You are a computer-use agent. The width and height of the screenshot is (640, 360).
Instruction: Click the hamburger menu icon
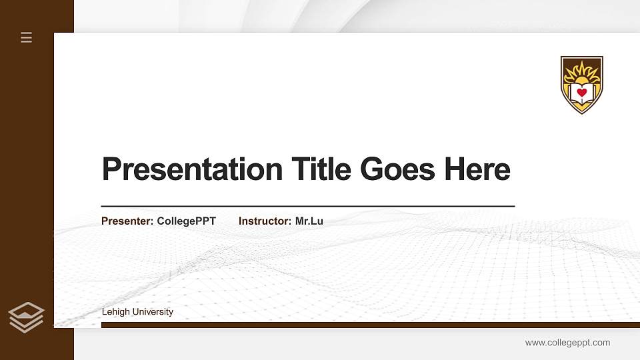point(27,37)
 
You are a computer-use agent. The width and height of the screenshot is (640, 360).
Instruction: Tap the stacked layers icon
point(27,317)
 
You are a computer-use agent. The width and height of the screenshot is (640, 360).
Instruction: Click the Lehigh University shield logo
point(582,85)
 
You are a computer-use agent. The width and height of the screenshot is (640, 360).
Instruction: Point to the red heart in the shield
point(582,92)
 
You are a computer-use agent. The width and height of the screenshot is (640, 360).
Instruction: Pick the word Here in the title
point(477,169)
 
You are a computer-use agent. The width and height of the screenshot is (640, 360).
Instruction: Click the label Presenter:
point(127,221)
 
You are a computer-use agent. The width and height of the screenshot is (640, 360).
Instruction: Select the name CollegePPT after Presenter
point(187,221)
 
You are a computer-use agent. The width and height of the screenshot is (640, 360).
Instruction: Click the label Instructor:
point(265,221)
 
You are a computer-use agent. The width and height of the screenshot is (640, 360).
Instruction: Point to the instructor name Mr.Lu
point(309,221)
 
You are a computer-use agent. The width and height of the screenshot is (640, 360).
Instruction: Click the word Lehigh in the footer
point(115,312)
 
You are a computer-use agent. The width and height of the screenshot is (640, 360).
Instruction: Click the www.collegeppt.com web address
point(567,343)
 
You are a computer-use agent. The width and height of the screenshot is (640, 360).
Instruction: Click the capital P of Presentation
point(111,169)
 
